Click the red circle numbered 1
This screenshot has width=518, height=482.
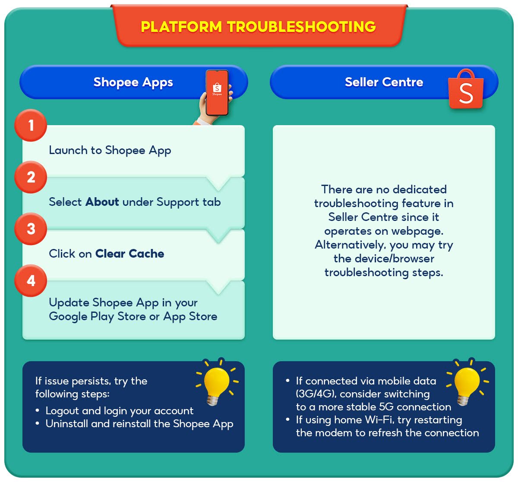coord(31,126)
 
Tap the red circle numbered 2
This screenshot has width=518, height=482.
coord(31,177)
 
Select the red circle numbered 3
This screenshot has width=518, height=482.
coord(31,229)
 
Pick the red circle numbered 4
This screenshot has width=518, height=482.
coord(31,281)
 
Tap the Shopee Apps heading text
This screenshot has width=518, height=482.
coord(133,82)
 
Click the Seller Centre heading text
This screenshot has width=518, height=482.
coord(384,82)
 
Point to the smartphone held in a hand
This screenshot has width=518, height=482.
coord(217,93)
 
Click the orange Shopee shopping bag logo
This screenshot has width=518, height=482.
coord(466,89)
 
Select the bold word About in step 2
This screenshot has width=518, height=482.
coord(102,202)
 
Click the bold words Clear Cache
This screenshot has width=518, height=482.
coord(129,254)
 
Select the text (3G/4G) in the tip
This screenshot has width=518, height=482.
coord(316,394)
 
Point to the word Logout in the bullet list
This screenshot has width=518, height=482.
coord(62,411)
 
